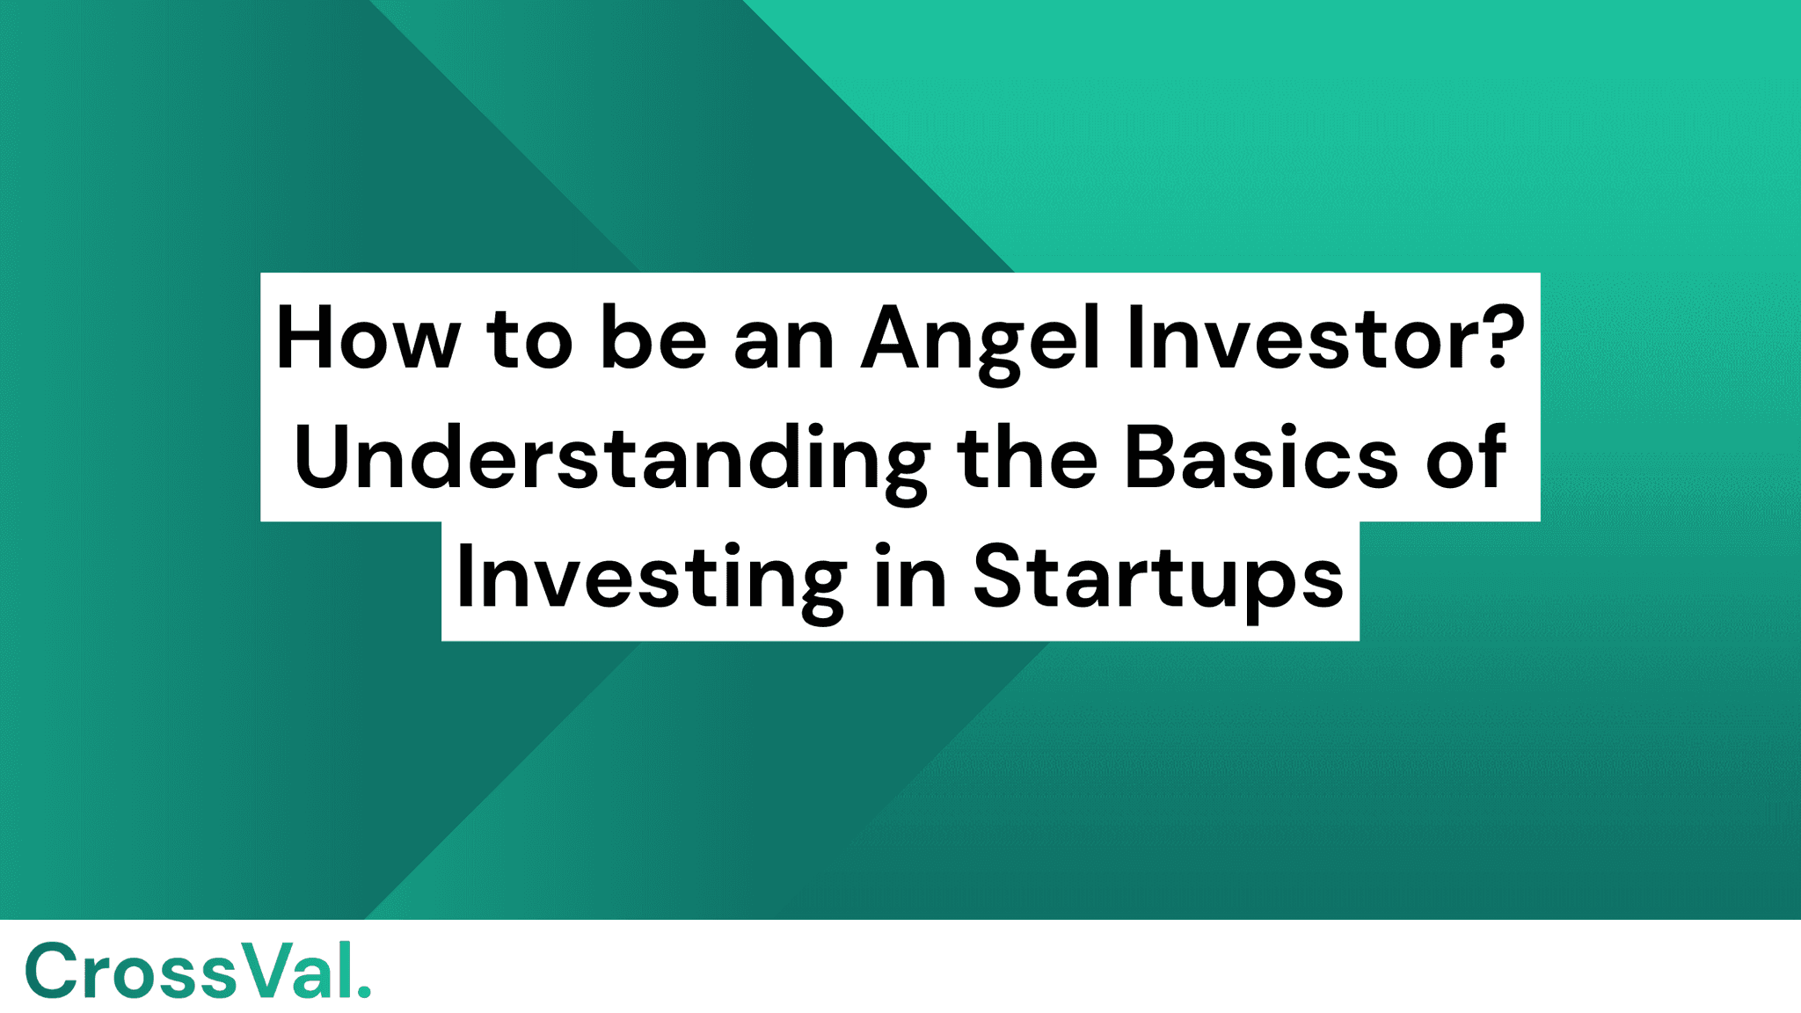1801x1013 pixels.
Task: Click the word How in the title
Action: pos(368,339)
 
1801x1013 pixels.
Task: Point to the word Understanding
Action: pos(611,460)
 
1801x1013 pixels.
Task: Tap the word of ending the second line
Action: pos(1465,460)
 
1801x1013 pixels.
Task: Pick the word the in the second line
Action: pos(1026,458)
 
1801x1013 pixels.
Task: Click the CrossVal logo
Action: pos(197,971)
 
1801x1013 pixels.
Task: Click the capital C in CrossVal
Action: pos(51,971)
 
